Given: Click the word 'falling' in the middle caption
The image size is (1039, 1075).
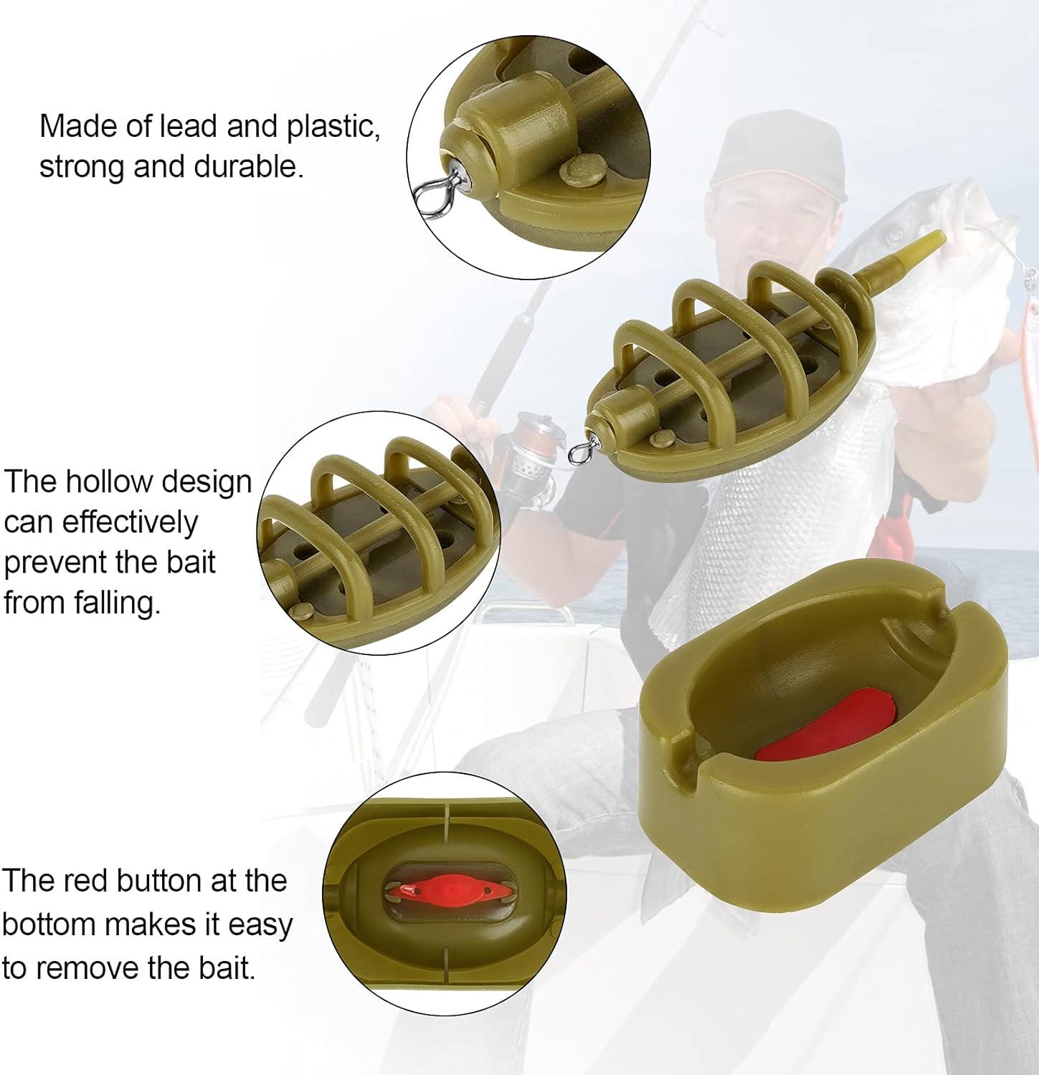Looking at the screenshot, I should click(116, 603).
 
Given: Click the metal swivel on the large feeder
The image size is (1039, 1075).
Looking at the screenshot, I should click(579, 450).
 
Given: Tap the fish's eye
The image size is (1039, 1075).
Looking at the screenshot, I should click(893, 232).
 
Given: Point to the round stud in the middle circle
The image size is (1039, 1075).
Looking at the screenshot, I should click(302, 611).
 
